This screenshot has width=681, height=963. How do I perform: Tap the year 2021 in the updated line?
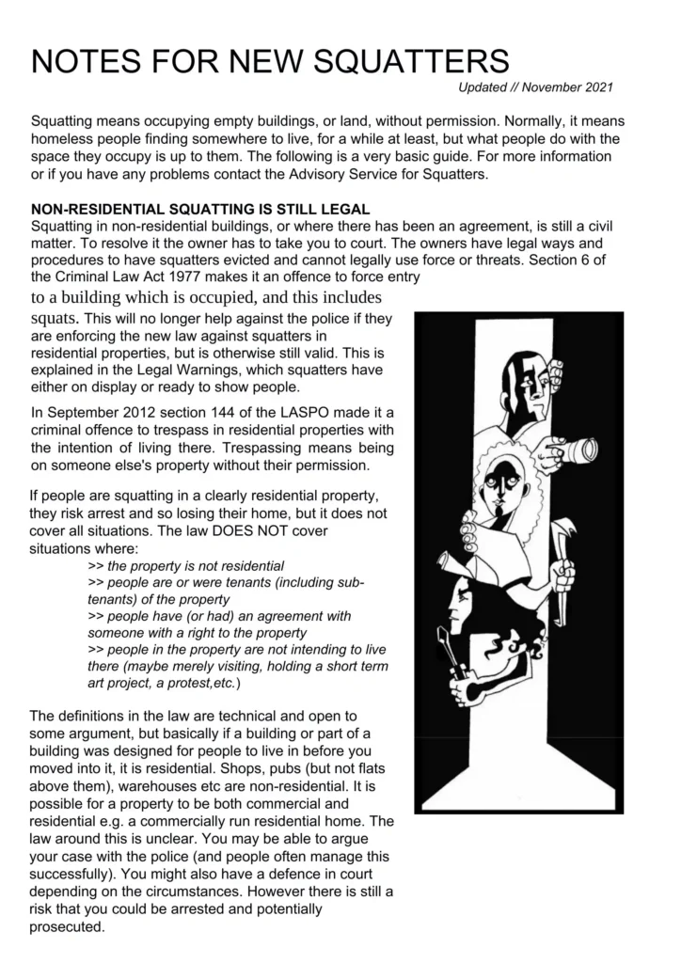[594, 88]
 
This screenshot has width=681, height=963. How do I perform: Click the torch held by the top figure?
[573, 450]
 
